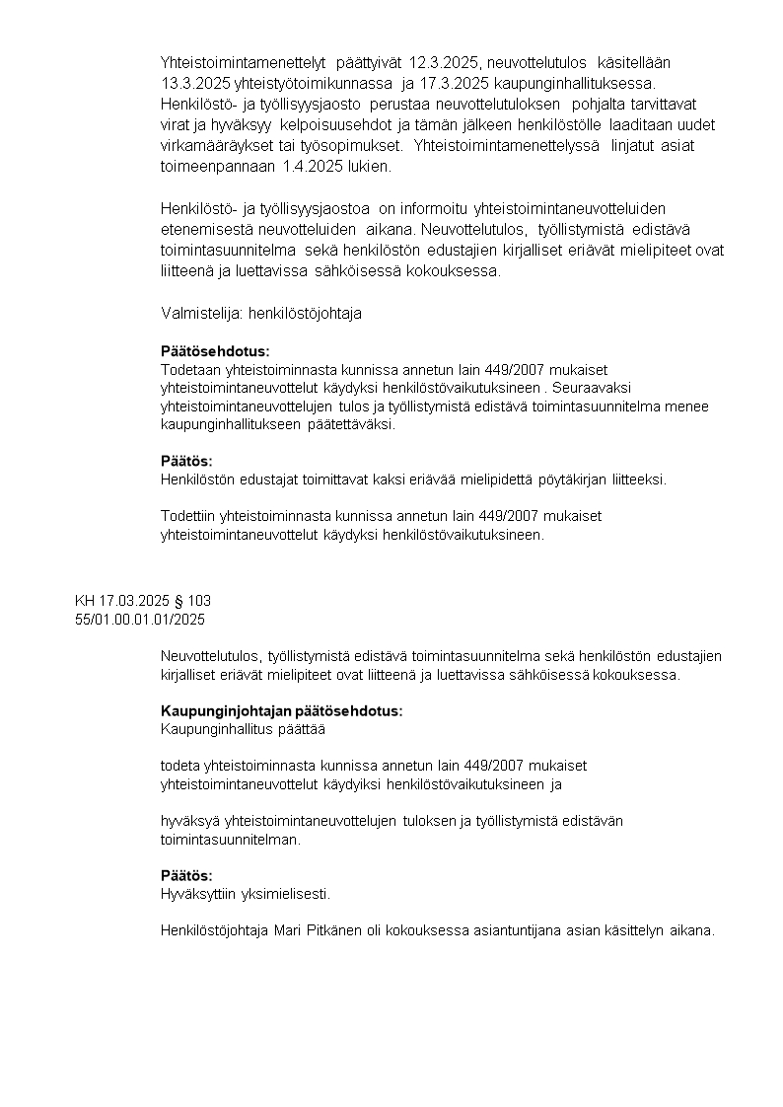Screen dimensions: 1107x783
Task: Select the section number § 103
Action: [193, 600]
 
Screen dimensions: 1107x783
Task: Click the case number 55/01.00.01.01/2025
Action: [140, 619]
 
